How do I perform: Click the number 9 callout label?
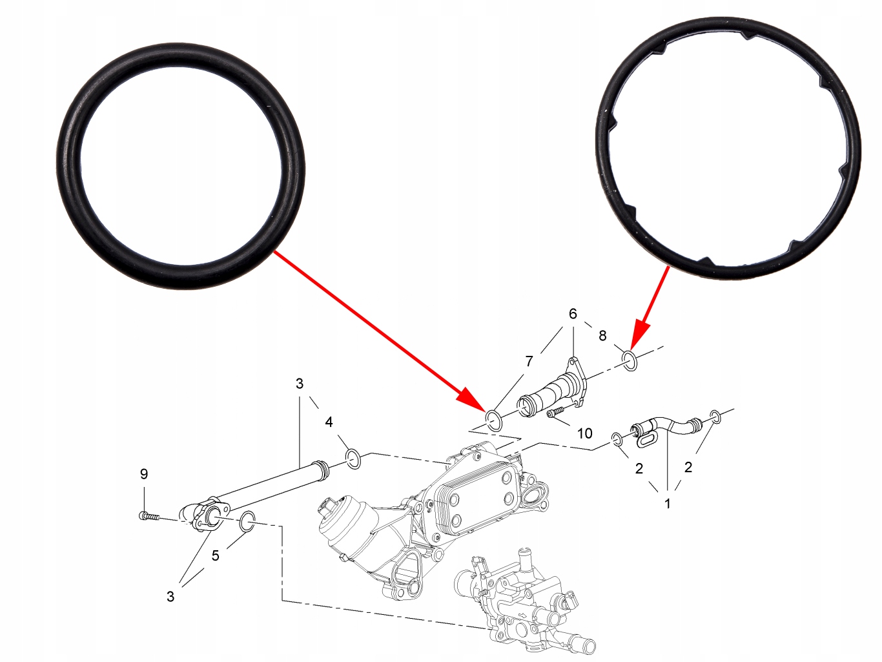[x=144, y=474]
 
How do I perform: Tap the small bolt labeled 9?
[x=149, y=515]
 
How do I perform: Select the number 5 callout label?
[x=216, y=556]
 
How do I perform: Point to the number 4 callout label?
[x=329, y=422]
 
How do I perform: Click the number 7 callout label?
[x=529, y=361]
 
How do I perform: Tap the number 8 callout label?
[x=602, y=336]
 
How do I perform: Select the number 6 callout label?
[x=573, y=313]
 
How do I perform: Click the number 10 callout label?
[x=584, y=433]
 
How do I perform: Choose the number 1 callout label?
[x=668, y=503]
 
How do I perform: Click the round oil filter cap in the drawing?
[x=340, y=522]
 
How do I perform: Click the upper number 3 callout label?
[x=300, y=384]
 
